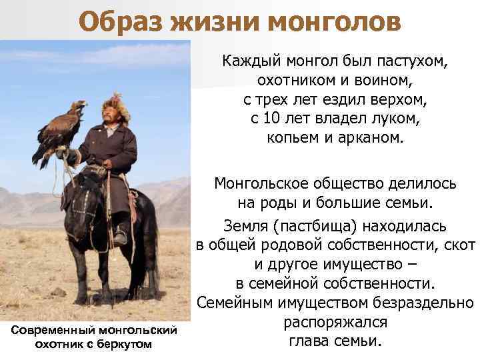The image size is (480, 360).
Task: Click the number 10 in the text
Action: pos(271,119)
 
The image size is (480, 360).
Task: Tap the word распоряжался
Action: pos(335,323)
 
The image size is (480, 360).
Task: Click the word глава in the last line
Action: pos(309,341)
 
